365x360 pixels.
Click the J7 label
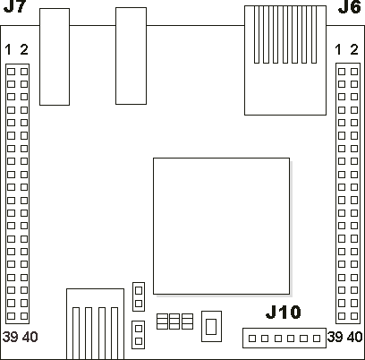(x=14, y=6)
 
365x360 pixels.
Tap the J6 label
(x=350, y=7)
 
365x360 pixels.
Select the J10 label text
(x=284, y=313)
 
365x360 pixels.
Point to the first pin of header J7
(x=11, y=72)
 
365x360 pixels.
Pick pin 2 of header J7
(x=24, y=72)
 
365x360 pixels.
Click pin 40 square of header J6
(x=354, y=316)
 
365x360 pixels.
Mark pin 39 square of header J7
(x=11, y=316)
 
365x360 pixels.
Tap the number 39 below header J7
(x=11, y=337)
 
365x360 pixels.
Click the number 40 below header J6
(x=355, y=337)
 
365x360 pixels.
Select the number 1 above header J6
(x=338, y=49)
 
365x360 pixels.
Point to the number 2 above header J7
(x=24, y=49)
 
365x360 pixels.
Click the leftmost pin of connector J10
(x=252, y=339)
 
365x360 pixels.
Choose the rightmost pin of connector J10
(x=317, y=339)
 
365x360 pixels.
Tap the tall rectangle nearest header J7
(x=55, y=56)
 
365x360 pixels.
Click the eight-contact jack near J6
(x=285, y=60)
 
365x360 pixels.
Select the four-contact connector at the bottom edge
(x=95, y=324)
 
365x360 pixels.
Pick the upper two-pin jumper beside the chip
(x=139, y=296)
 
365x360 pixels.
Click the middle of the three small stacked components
(x=174, y=321)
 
